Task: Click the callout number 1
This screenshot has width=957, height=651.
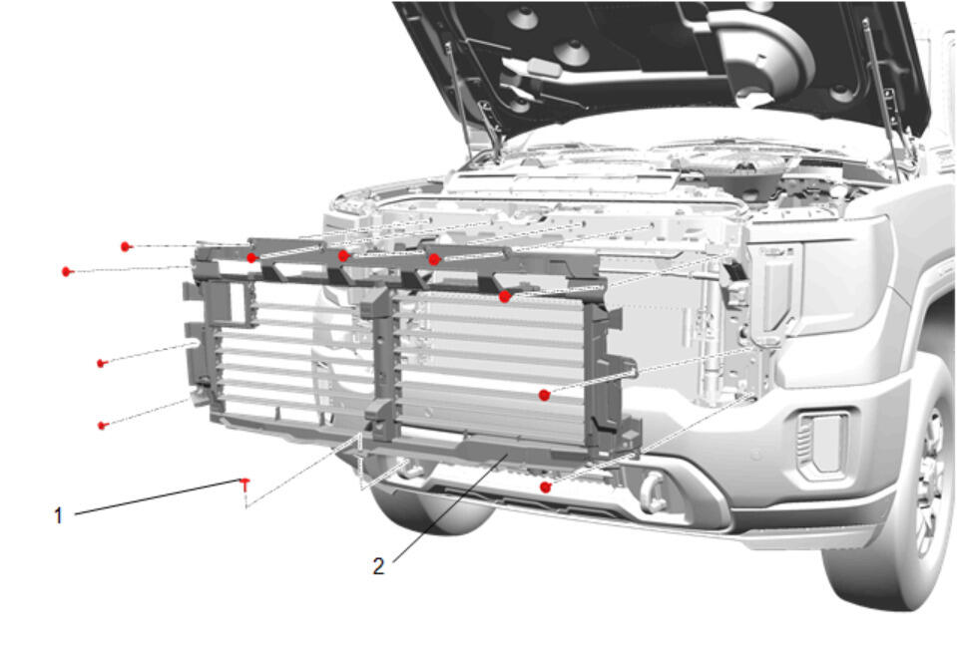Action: (58, 515)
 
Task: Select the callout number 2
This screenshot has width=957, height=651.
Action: (378, 566)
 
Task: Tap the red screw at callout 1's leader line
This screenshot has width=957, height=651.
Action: (245, 484)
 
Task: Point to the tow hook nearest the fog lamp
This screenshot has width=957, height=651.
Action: (655, 491)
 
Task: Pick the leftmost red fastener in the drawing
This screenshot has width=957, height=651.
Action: (67, 271)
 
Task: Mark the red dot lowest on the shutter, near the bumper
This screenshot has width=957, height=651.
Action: (546, 488)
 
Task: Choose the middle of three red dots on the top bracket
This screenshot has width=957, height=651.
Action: (344, 255)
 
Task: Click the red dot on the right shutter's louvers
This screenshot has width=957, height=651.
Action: (545, 395)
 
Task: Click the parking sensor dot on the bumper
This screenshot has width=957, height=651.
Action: (757, 455)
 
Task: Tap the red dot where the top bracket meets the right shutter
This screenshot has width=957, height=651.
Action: (505, 297)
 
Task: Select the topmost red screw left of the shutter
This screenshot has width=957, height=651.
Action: (126, 246)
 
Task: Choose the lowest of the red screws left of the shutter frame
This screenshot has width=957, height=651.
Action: (103, 425)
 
